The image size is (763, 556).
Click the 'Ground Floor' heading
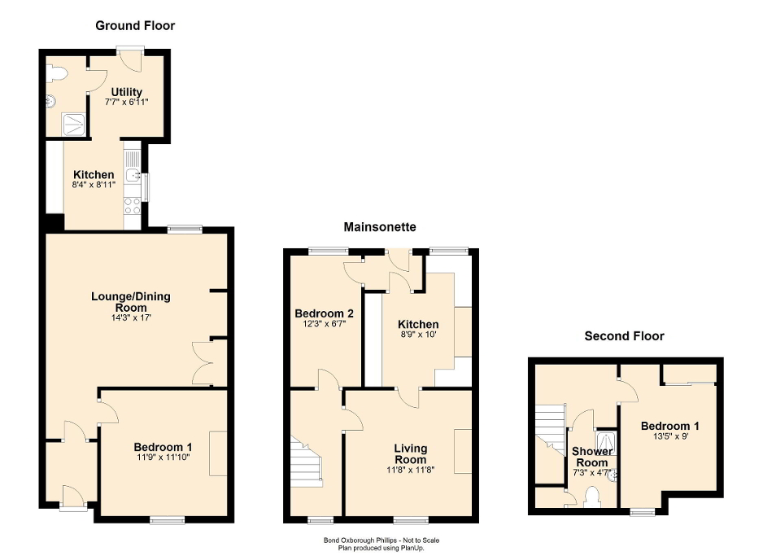pyautogui.click(x=135, y=26)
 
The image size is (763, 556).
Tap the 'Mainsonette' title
pyautogui.click(x=380, y=226)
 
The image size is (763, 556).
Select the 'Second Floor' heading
pyautogui.click(x=624, y=335)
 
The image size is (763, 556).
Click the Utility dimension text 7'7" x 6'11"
pyautogui.click(x=126, y=103)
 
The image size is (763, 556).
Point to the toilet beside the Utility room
pyautogui.click(x=55, y=74)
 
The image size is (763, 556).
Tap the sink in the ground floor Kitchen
pyautogui.click(x=133, y=174)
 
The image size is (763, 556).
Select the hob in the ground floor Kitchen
pyautogui.click(x=132, y=205)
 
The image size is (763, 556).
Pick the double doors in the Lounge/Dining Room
pyautogui.click(x=203, y=362)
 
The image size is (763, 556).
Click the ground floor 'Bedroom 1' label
pyautogui.click(x=163, y=447)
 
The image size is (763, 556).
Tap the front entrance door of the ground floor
pyautogui.click(x=71, y=496)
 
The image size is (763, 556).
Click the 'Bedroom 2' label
pyautogui.click(x=323, y=313)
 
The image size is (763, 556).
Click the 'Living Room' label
pyautogui.click(x=410, y=453)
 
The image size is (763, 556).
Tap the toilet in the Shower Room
pyautogui.click(x=591, y=497)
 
